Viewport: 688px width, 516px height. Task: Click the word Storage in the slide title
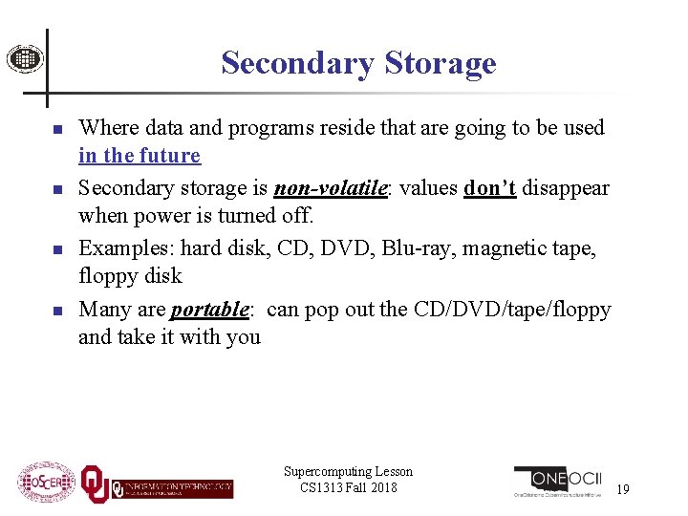pos(441,63)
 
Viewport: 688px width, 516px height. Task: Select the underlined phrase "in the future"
pos(140,156)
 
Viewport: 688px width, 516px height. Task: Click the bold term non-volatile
pos(331,188)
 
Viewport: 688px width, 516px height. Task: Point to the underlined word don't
pos(489,188)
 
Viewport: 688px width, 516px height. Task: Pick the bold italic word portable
pos(209,310)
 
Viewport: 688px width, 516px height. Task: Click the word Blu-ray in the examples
pos(415,247)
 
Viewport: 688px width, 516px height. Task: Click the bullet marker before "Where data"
pos(56,129)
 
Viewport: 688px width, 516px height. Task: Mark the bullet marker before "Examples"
pos(56,249)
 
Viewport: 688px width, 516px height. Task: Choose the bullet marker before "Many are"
pos(56,312)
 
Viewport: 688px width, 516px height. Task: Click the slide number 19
pos(623,489)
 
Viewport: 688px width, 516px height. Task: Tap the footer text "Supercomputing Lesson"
pos(348,471)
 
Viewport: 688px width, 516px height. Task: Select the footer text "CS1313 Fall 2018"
pos(348,487)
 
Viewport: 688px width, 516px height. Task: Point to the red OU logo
pos(95,484)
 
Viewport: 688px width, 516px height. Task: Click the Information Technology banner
pos(172,487)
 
